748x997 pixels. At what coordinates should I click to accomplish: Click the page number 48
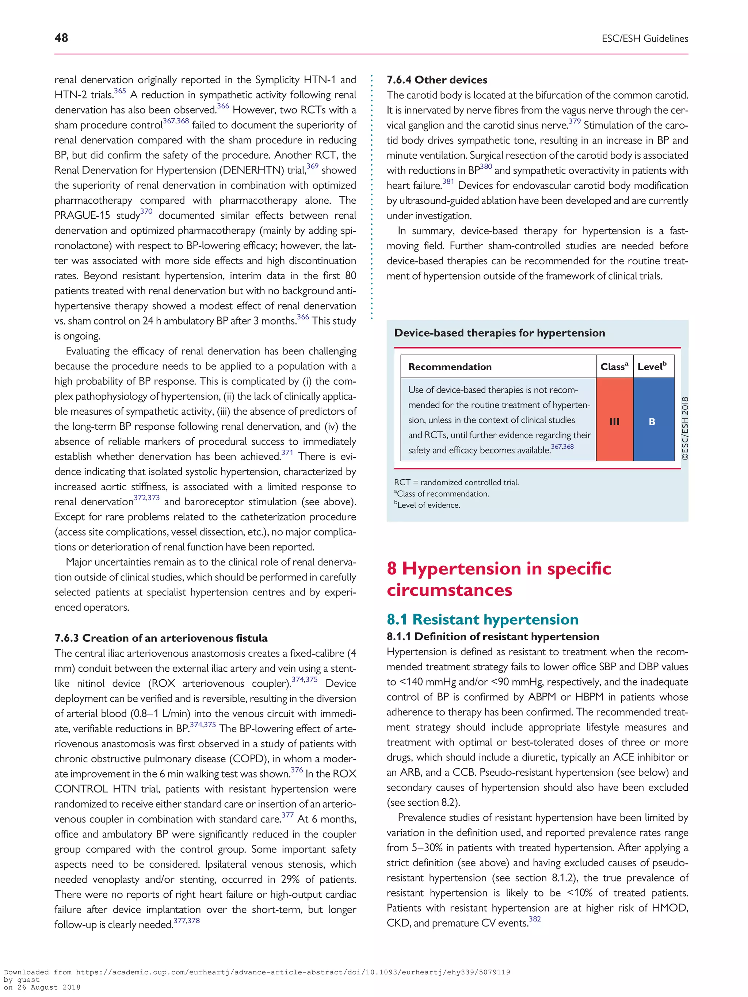61,38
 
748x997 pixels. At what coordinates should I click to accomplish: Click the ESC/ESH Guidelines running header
644,39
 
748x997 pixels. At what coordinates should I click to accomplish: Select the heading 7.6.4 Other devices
436,80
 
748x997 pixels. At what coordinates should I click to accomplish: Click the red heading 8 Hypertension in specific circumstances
498,579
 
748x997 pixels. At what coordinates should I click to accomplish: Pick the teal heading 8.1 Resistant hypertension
482,619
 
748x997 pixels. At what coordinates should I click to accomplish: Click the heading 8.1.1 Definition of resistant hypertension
492,636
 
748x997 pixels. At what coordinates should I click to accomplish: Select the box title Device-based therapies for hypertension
499,333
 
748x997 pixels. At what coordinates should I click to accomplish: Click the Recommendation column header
450,367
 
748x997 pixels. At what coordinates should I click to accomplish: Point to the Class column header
614,367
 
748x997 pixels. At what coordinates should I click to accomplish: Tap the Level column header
652,367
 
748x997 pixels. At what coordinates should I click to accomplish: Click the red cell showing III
614,421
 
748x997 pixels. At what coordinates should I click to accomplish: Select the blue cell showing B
652,421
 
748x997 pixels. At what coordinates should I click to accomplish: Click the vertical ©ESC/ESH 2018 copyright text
685,428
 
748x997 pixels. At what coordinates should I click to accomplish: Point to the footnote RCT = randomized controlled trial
456,482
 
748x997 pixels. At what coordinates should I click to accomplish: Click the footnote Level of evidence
428,505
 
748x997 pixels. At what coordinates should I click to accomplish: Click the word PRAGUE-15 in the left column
82,215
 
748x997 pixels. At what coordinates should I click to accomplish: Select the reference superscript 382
534,919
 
